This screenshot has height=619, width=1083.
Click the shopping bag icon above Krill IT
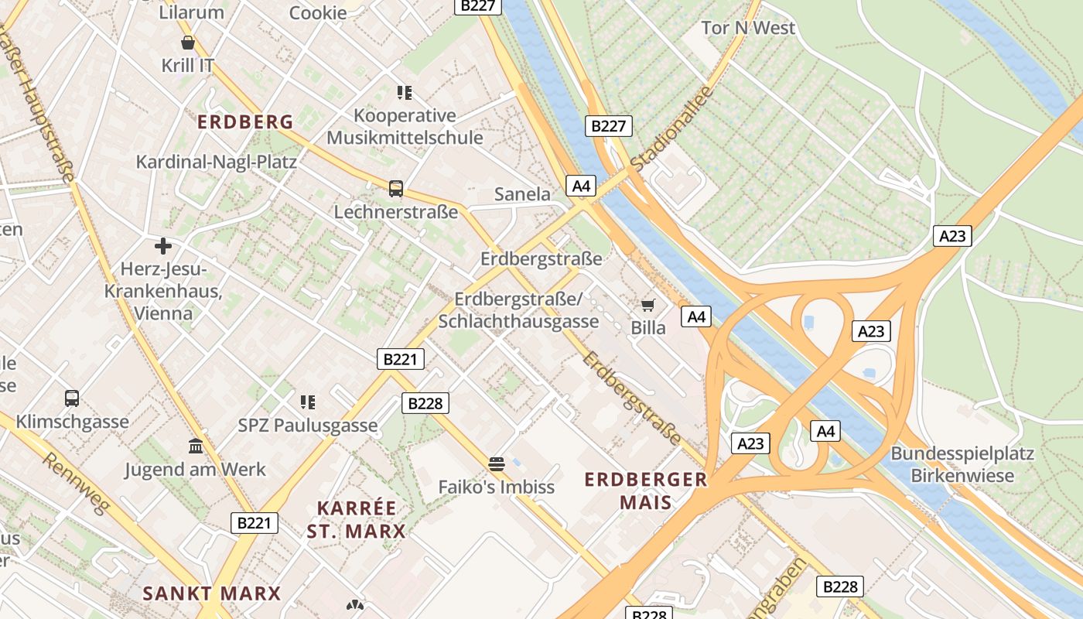coord(187,42)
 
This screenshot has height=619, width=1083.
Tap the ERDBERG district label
coord(245,121)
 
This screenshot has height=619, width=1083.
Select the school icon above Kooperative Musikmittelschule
coord(404,93)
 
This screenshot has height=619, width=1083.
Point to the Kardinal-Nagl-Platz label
coord(217,162)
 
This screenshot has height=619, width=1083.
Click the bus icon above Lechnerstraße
coord(395,188)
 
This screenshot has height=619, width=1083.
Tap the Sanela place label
coord(522,194)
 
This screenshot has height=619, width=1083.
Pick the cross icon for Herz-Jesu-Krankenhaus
coord(163,246)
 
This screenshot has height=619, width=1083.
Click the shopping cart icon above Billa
coord(647,305)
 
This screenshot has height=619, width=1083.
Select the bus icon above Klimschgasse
coord(72,398)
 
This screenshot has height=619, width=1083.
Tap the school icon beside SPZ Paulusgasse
coord(308,402)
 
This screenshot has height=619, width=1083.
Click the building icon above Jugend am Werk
coord(196,446)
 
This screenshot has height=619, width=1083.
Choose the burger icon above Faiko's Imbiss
coord(497,464)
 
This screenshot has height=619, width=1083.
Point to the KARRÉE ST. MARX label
coord(357,519)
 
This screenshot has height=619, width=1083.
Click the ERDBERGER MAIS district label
coord(646,491)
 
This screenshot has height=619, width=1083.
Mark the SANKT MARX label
coord(212,593)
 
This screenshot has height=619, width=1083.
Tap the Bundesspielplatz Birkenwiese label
coord(962,463)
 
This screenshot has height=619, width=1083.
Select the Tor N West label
coord(748,28)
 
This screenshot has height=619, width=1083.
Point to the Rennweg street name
coord(73,488)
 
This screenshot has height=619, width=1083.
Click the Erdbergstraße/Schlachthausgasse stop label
coord(518,309)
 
